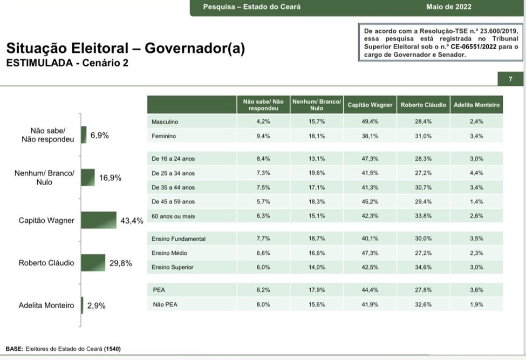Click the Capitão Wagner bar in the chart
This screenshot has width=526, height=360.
pos(99,220)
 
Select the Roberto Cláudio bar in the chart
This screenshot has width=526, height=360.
pos(93,263)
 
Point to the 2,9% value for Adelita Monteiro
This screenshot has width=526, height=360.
pos(96,305)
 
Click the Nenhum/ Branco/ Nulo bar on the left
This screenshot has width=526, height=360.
pos(88,178)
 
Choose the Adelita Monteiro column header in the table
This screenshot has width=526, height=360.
pos(476,105)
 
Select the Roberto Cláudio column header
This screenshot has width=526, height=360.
pos(423,105)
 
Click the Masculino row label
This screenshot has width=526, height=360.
pos(165,122)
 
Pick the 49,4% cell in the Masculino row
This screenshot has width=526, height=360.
pos(370,122)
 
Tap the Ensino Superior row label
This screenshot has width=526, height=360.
pos(172,267)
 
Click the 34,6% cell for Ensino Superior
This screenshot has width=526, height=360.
pos(423,267)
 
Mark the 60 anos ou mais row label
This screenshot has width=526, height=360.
pos(173,216)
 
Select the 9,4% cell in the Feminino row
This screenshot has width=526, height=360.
pos(263,137)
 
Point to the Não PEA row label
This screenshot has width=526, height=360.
pos(165,304)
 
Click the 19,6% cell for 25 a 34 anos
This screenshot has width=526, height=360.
pos(316,174)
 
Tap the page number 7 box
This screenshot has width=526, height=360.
pos(510,79)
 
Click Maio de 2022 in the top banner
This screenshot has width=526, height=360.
pos(448,7)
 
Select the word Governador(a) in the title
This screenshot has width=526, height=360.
pos(195,49)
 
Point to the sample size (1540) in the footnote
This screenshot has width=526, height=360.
pos(112,349)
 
